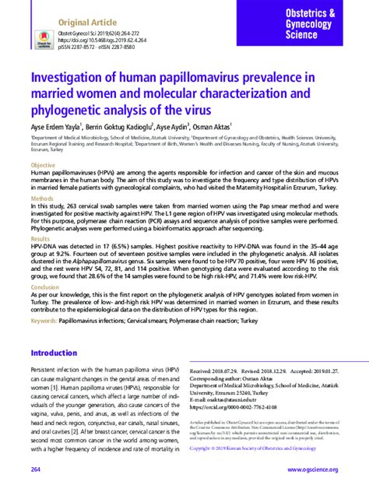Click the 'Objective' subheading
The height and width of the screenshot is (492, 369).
click(44, 167)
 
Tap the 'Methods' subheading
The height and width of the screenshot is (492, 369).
click(43, 199)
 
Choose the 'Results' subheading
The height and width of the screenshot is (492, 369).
click(41, 238)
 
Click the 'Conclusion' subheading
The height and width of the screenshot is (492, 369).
click(45, 286)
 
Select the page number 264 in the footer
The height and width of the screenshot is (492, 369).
click(36, 469)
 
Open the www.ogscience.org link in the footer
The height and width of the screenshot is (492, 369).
click(312, 469)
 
